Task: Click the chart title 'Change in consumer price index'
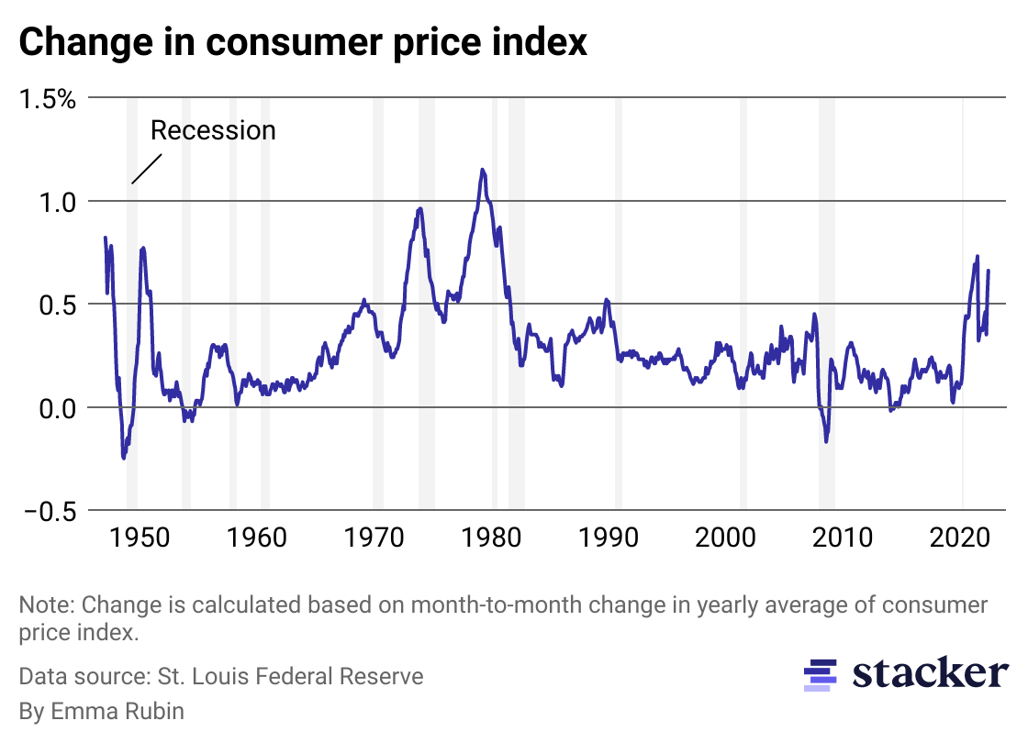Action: (302, 42)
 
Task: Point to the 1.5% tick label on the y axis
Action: (49, 98)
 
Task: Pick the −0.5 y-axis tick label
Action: (49, 511)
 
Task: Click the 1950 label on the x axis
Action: (140, 537)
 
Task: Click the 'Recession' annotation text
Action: (213, 130)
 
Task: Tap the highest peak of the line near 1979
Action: (483, 170)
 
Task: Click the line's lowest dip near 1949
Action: (124, 457)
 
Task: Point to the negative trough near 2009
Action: (826, 441)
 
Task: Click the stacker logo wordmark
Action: (929, 673)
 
